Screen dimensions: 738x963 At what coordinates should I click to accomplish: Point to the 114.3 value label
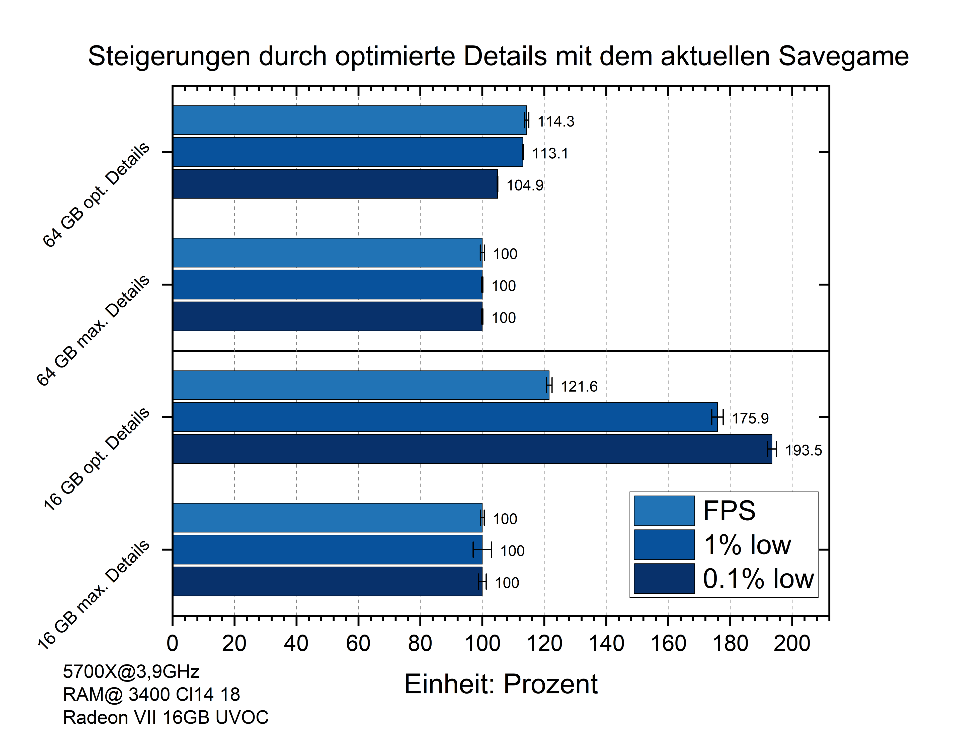tap(556, 121)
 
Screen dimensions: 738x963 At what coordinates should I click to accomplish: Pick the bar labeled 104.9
tap(335, 184)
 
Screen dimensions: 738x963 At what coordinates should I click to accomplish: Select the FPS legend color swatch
tap(664, 511)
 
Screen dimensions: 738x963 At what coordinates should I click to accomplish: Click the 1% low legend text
tap(747, 545)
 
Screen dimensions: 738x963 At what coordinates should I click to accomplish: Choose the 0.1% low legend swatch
tap(664, 578)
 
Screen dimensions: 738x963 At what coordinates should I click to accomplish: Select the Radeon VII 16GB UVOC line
tap(166, 717)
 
